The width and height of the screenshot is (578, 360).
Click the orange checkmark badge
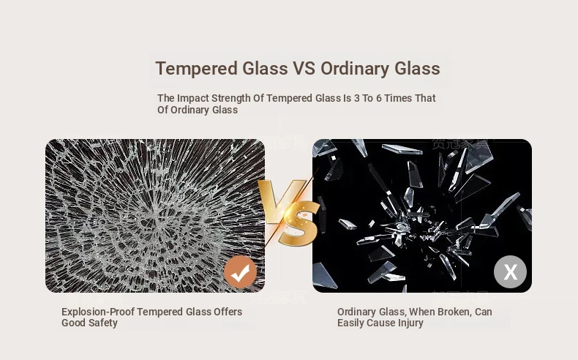tap(240, 272)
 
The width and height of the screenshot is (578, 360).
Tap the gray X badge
tap(510, 272)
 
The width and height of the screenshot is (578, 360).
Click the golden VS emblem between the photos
tap(288, 213)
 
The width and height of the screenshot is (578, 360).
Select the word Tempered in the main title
tap(197, 69)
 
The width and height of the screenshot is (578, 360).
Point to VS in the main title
tap(304, 69)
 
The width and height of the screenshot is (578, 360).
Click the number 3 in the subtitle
tap(357, 98)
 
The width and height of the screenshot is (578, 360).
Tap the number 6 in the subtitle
tap(378, 98)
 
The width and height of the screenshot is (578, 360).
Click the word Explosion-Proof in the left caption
tap(98, 312)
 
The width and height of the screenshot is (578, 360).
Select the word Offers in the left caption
tap(228, 312)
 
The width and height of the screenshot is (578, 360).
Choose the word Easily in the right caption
tap(349, 323)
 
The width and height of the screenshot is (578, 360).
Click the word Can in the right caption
tap(484, 312)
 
